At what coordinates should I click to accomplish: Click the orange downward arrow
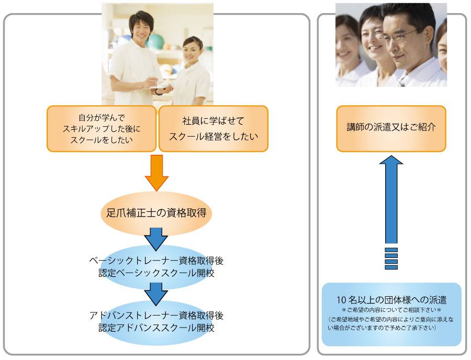[156, 173]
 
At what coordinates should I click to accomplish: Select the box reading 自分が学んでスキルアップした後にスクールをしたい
[102, 129]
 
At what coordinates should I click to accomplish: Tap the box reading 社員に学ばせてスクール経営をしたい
[214, 129]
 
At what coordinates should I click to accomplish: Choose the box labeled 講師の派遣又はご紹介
[391, 129]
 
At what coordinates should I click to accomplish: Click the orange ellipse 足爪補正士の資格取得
[156, 213]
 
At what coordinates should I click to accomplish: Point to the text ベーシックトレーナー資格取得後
[156, 261]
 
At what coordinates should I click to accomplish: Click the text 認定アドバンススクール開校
[156, 328]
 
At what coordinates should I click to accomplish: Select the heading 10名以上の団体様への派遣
[391, 300]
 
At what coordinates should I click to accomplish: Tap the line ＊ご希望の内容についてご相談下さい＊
[391, 310]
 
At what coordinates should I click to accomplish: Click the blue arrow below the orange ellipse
[156, 239]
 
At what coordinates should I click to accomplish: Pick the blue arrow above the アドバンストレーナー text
[156, 294]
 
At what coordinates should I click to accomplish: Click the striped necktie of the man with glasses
[401, 82]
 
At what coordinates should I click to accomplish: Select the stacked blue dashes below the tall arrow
[391, 258]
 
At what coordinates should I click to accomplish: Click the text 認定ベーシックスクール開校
[156, 273]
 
